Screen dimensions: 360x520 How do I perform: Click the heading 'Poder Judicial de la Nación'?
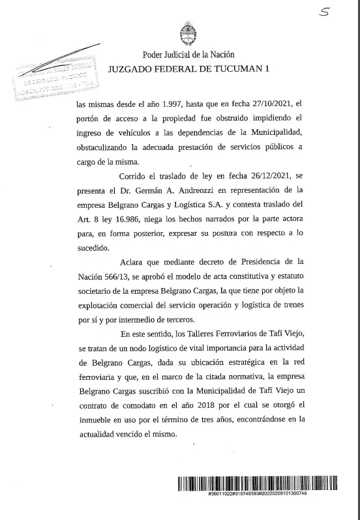[x=188, y=55]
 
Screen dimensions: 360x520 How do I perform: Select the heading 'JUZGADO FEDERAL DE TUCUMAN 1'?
[x=188, y=68]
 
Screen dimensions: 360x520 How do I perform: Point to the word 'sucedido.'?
[x=94, y=249]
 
